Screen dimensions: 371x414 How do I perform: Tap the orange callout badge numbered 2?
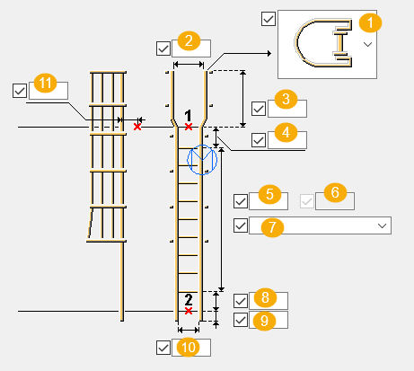pos(189,40)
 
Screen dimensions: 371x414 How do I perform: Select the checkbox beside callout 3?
pos(259,109)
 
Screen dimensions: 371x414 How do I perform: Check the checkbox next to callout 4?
pos(259,139)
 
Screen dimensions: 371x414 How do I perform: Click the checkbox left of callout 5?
pos(240,200)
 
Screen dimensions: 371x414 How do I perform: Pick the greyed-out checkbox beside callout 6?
pos(306,200)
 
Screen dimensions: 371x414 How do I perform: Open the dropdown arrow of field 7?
pos(383,225)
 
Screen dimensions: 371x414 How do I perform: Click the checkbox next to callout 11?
pos(21,90)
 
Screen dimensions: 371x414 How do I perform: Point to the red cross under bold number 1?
pos(188,128)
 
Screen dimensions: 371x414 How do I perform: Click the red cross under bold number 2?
pos(188,311)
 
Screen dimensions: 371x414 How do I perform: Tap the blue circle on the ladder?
pos(202,159)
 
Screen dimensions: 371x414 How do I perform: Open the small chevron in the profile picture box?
pos(367,43)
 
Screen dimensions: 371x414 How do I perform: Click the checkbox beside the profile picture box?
pos(268,17)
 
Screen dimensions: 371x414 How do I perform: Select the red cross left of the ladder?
pos(137,128)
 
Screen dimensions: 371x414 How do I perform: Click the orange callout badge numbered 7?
pos(269,225)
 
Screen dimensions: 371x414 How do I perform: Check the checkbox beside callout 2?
pos(163,48)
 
